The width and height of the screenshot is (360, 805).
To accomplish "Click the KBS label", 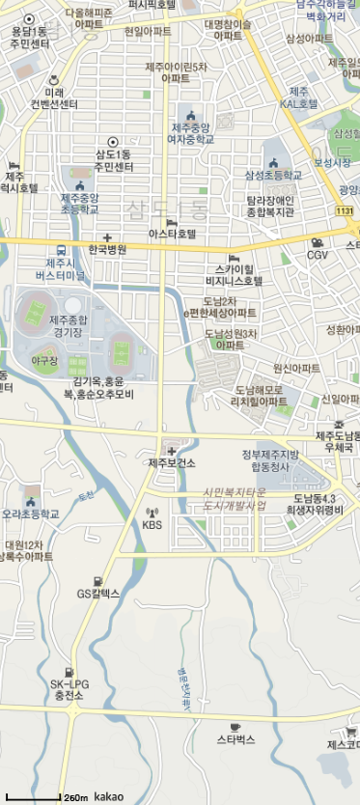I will (152, 525).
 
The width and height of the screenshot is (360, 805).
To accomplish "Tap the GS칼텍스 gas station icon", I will (97, 581).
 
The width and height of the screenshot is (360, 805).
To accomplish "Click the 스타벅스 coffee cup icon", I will (235, 726).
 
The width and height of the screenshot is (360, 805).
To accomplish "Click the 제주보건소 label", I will (172, 463).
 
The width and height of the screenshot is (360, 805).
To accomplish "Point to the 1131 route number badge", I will (344, 210).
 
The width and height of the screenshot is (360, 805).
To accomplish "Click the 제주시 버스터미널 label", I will (60, 268).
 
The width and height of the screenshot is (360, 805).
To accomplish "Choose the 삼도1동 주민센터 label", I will (114, 160).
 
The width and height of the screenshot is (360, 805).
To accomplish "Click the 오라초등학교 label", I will (31, 514).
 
